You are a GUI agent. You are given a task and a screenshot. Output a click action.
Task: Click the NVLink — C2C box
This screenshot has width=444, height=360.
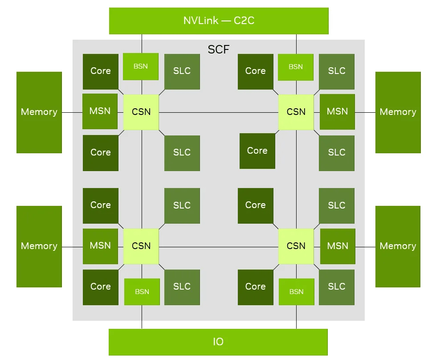(219, 21)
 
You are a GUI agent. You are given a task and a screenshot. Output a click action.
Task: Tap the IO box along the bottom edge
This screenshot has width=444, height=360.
(218, 342)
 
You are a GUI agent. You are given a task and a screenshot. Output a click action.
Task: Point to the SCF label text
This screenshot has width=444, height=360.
(219, 49)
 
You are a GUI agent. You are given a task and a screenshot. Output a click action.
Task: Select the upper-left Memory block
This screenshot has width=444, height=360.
(39, 112)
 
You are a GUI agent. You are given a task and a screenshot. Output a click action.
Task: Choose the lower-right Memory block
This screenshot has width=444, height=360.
(398, 246)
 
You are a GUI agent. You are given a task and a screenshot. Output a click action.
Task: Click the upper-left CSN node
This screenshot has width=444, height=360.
(141, 112)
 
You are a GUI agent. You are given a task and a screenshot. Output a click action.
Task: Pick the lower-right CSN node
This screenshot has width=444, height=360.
(296, 246)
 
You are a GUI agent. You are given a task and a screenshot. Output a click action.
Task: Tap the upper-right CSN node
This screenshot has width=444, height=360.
(296, 112)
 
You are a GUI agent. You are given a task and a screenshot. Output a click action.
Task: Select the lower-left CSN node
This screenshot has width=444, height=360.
(141, 246)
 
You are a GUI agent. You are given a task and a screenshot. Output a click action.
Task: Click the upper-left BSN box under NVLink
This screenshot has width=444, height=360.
(140, 66)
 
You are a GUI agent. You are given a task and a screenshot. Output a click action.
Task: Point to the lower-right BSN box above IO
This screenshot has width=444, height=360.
(297, 292)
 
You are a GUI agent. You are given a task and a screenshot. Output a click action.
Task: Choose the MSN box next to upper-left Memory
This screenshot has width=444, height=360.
(100, 111)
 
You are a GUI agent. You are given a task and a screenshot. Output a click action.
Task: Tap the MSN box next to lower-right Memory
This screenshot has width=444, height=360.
(338, 246)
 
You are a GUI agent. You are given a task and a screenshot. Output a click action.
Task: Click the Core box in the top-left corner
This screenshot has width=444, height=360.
(101, 72)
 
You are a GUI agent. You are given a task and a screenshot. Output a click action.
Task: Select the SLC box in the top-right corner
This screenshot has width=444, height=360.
(337, 72)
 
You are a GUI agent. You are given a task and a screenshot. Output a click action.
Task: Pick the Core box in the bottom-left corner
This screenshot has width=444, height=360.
(101, 287)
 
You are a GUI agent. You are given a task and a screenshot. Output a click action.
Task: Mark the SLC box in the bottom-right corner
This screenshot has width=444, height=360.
(337, 287)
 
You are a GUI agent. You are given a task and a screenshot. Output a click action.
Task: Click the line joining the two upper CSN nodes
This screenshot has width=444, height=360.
(219, 112)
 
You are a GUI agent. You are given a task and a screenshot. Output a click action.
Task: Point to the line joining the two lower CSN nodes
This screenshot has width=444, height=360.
(219, 247)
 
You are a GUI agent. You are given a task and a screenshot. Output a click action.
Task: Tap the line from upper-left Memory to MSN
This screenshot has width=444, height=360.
(72, 112)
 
